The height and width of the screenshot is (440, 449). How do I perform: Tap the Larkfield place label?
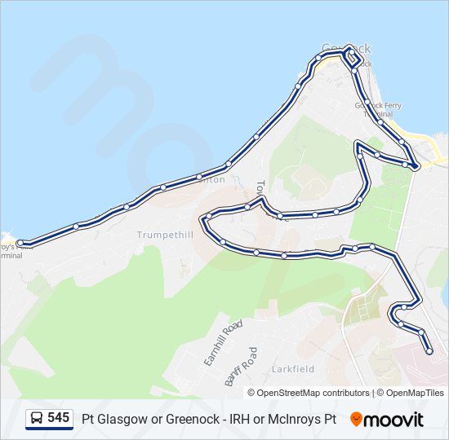[x=293, y=369]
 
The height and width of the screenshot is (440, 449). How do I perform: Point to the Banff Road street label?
[x=242, y=367]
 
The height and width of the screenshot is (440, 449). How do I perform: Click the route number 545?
[x=58, y=418]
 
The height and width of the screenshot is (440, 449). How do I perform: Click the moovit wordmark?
[x=393, y=420]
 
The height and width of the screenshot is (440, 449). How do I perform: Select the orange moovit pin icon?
[x=356, y=419]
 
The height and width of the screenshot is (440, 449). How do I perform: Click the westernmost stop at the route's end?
[x=20, y=243]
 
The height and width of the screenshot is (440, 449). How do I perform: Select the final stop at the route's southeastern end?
[x=430, y=352]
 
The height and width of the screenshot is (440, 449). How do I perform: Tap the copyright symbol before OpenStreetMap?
[x=252, y=393]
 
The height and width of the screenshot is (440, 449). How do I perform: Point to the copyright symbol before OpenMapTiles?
[x=380, y=393]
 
